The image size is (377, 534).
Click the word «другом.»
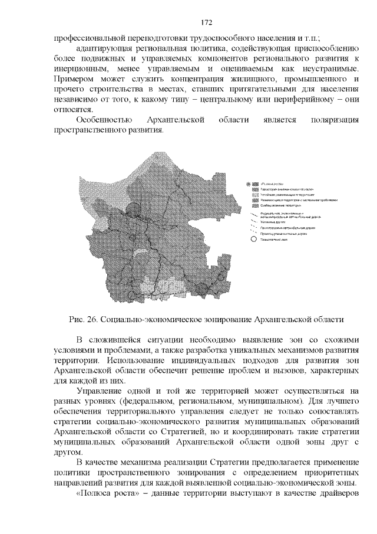tap(70, 453)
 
